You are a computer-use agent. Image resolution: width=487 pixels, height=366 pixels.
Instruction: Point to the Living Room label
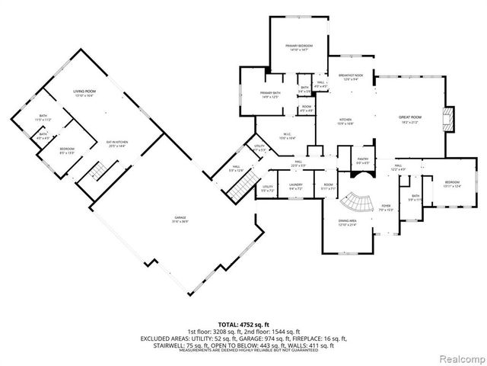pos(83,93)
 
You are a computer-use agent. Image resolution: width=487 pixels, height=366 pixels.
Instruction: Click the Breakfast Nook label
pos(352,77)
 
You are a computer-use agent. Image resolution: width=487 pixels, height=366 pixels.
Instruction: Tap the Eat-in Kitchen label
pos(116,145)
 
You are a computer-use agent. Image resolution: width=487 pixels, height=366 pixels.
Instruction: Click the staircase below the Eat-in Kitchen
pos(98,169)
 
